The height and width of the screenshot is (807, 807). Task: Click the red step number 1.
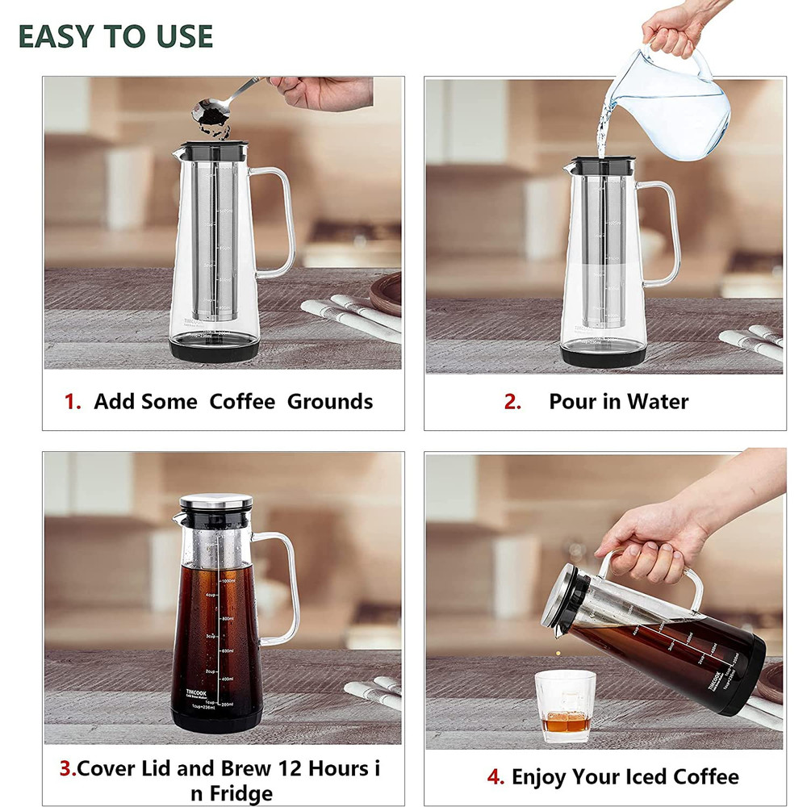tap(73, 402)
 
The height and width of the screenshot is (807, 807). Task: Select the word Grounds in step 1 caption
tap(330, 402)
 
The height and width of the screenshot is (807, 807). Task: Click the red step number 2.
tap(512, 402)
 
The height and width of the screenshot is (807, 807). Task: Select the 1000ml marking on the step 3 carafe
tap(228, 581)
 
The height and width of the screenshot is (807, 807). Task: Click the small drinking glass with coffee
tap(565, 705)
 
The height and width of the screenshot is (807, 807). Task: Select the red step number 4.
tap(495, 777)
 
